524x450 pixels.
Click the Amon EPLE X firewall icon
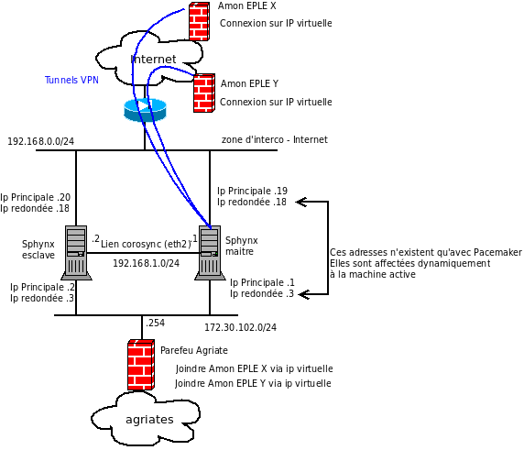point(199,21)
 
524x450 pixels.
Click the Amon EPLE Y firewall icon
point(204,93)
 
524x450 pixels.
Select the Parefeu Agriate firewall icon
point(141,365)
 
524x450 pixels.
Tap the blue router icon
point(145,110)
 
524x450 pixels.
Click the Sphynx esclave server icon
point(76,253)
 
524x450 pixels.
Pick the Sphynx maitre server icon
point(210,253)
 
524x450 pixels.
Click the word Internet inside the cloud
point(153,60)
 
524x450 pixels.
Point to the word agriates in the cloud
point(149,420)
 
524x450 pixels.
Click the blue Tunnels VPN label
point(71,80)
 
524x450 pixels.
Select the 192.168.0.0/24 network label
point(41,141)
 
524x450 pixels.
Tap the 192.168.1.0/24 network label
point(146,263)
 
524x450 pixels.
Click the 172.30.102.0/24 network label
point(240,327)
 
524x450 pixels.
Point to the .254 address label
point(155,323)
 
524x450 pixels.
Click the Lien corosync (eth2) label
point(146,244)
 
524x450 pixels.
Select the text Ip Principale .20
point(36,197)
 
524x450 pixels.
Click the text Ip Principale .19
point(252,191)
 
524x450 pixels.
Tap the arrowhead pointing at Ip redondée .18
point(300,202)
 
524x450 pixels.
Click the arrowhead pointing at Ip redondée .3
point(302,294)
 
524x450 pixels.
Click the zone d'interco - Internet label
point(274,139)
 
